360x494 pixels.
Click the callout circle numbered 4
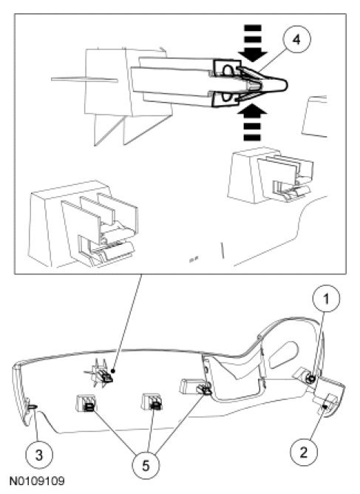(296, 40)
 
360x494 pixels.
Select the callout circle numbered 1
(326, 299)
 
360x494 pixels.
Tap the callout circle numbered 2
(304, 453)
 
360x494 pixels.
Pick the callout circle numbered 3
(39, 456)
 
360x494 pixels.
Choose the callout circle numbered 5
(146, 465)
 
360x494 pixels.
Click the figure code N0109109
(37, 481)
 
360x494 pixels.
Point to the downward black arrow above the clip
(252, 44)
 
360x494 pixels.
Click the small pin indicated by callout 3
(33, 407)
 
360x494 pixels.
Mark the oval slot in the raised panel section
(283, 355)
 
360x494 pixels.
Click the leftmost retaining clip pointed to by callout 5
(86, 404)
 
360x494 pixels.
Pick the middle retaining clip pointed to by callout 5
(152, 402)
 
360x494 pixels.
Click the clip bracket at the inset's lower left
(84, 224)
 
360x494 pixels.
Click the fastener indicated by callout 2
(327, 403)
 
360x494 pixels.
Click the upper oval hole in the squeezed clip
(228, 70)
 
